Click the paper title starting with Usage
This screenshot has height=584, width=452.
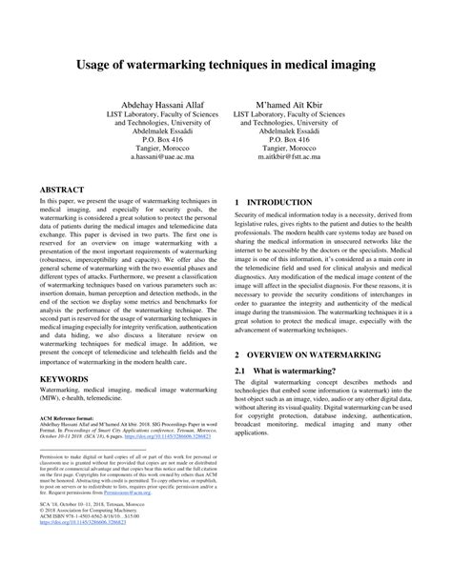click(226, 68)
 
